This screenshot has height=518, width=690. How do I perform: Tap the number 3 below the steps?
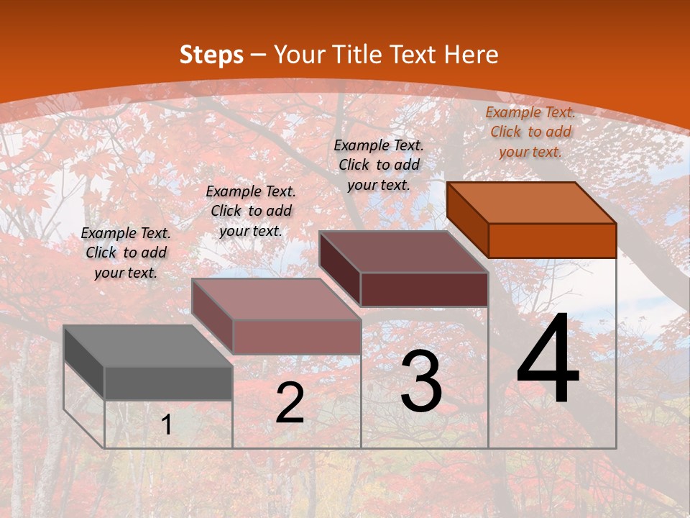(421, 381)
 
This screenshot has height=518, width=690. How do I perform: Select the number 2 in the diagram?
(290, 403)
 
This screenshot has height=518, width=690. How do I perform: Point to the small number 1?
(167, 425)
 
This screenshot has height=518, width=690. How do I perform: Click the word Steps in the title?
(211, 55)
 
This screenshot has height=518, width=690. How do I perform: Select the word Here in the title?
(471, 55)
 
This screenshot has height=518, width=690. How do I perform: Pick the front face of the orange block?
(552, 240)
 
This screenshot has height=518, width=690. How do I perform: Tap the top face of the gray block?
(147, 346)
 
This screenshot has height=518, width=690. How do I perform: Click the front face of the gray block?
(168, 383)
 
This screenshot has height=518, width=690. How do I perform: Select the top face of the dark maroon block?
(403, 252)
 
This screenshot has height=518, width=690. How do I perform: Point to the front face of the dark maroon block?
(424, 289)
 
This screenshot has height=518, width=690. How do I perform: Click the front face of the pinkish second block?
(296, 337)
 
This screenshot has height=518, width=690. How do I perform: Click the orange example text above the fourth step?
(530, 132)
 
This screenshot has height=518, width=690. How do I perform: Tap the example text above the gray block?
(126, 253)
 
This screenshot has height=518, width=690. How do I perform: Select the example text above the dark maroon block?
(379, 165)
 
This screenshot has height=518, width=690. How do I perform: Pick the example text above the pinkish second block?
(251, 211)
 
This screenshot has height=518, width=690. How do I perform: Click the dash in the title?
(259, 55)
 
